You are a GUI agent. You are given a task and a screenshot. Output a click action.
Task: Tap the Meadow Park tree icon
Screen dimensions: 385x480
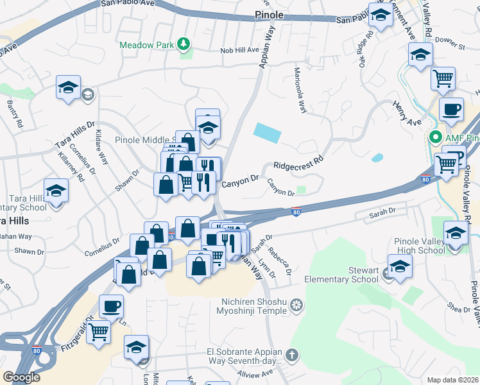coord(185,44)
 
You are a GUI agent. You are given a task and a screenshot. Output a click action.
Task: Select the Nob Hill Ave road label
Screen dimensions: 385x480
coord(239,50)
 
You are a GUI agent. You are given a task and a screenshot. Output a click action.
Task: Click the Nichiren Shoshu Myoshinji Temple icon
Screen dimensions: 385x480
coord(296,304)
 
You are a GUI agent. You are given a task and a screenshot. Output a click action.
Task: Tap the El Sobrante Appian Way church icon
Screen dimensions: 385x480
coord(291,355)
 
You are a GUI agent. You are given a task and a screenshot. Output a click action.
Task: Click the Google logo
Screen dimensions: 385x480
coord(21,377)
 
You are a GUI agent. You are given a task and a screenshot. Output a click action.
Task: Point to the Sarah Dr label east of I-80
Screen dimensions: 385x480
coord(384,212)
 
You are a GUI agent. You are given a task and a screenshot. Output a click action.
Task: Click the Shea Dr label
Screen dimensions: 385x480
coord(459,309)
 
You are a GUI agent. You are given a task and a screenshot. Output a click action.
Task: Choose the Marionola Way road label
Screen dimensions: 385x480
coord(300,90)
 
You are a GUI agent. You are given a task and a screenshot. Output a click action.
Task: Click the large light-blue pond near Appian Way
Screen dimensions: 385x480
coord(267,133)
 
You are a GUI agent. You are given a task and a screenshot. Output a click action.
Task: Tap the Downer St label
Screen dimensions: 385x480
coord(449,47)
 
